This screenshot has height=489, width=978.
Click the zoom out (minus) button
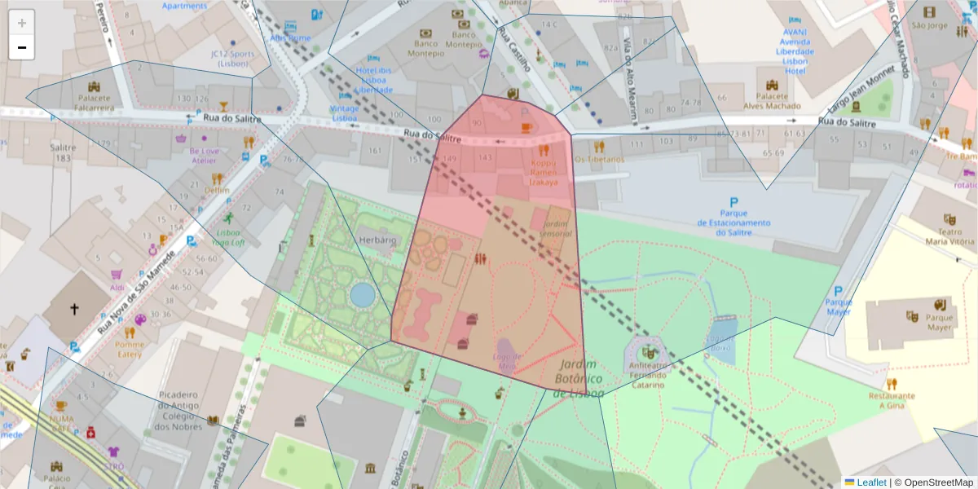tap(22, 47)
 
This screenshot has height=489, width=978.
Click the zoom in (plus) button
tap(22, 23)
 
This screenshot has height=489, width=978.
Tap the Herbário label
tap(377, 240)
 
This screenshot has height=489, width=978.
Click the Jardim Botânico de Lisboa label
tap(578, 379)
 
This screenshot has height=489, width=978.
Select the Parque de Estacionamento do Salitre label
tap(733, 222)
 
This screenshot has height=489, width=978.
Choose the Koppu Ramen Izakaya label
tap(544, 172)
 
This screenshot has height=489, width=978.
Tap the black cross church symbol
tap(74, 310)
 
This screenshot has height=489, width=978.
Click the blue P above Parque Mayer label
tap(837, 292)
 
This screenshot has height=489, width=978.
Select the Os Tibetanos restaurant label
tap(599, 160)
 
